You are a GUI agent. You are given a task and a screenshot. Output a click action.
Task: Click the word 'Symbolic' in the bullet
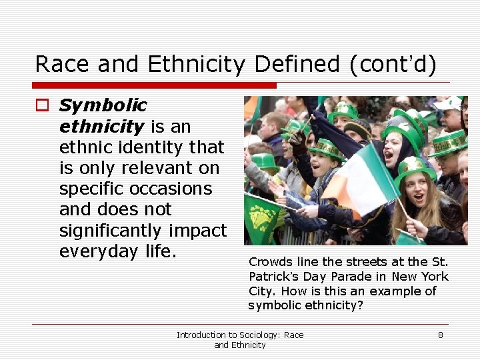(103, 105)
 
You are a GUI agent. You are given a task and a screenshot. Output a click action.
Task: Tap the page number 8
(440, 335)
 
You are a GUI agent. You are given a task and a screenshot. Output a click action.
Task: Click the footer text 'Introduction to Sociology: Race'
(239, 335)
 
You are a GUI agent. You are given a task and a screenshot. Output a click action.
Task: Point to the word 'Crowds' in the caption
(269, 261)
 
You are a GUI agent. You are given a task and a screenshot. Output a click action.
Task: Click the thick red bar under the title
(155, 85)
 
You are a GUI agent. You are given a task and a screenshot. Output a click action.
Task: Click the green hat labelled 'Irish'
(449, 142)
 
